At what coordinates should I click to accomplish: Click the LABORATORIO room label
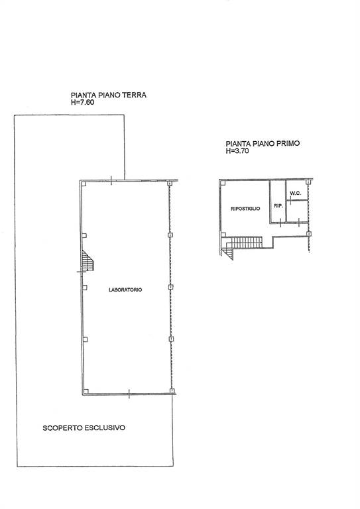[x=125, y=290]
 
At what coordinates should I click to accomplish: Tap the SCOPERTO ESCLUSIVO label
[x=84, y=428]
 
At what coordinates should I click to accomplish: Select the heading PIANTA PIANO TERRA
[x=109, y=95]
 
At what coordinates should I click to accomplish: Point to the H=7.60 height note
[x=82, y=102]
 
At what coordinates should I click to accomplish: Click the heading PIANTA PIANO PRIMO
[x=263, y=143]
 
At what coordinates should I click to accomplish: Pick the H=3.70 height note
[x=237, y=150]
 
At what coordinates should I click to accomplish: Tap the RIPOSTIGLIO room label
[x=245, y=209]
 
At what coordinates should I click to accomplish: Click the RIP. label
[x=278, y=206]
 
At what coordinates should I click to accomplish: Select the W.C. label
[x=296, y=194]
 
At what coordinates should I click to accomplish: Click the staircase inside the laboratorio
[x=88, y=260]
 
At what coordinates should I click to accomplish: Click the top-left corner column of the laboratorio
[x=84, y=184]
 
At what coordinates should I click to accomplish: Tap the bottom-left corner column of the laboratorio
[x=86, y=391]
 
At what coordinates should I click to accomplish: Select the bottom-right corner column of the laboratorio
[x=172, y=391]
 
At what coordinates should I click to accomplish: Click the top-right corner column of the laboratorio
[x=169, y=184]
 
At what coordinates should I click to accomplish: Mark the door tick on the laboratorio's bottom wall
[x=129, y=394]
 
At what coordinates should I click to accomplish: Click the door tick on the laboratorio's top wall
[x=111, y=180]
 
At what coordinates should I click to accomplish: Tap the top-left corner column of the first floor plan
[x=223, y=183]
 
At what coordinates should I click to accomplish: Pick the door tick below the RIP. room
[x=280, y=223]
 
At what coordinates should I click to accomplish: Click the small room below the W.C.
[x=297, y=211]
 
